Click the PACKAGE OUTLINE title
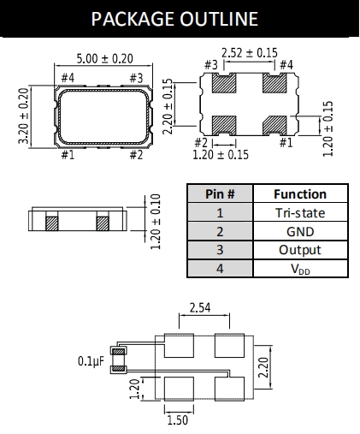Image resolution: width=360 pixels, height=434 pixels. coord(174,19)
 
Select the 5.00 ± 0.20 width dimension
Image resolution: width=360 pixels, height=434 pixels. coord(104,59)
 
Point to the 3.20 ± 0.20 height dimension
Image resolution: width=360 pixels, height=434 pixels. coord(24,116)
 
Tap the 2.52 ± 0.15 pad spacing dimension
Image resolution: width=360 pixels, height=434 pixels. coord(250,53)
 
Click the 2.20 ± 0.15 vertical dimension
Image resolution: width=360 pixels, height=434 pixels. coord(168,106)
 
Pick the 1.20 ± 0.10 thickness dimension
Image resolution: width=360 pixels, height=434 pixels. coord(156,222)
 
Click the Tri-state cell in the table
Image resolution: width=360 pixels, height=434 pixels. coord(300,213)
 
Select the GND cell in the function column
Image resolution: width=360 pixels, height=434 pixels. coord(300,232)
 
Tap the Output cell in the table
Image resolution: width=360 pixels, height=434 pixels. coord(300,250)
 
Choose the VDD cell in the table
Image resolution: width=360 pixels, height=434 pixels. coord(300,269)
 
